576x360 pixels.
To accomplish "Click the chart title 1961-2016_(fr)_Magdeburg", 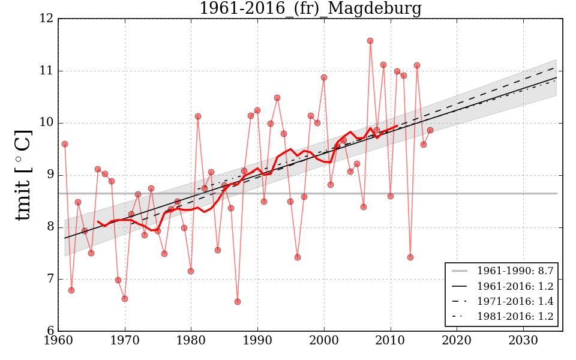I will click(310, 9).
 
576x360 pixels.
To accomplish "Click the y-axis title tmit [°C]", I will click(23, 175).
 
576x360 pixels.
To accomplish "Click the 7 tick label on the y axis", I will click(50, 279).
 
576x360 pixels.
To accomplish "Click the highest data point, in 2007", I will click(370, 41).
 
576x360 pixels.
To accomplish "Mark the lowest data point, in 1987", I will click(238, 302).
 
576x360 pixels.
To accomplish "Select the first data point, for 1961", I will click(65, 144).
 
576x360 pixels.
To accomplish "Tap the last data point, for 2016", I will click(430, 130).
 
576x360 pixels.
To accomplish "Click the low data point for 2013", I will click(410, 257).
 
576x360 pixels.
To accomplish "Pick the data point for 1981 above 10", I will click(198, 116).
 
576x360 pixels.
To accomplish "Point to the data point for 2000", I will click(324, 77).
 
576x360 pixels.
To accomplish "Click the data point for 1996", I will click(298, 257).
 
